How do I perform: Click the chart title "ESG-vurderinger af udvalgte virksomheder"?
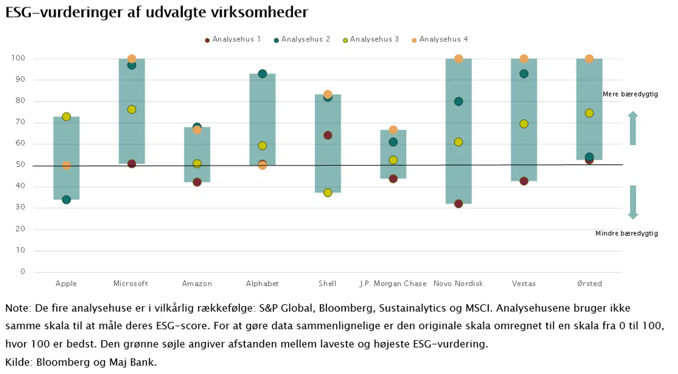157,12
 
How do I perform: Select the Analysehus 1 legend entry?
233,40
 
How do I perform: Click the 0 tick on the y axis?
23,272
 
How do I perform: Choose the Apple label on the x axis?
66,284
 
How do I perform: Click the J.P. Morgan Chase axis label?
393,284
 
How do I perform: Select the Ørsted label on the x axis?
589,284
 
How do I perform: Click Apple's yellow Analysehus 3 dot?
66,117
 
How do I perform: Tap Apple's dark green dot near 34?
66,199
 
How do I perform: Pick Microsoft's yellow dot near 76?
131,110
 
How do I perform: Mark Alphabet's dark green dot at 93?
262,74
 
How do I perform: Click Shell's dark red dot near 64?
328,135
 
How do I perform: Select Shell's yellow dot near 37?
328,192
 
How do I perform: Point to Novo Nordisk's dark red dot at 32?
458,204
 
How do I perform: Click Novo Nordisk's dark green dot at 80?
458,102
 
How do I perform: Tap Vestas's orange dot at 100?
524,59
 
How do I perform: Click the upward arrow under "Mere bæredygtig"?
633,128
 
